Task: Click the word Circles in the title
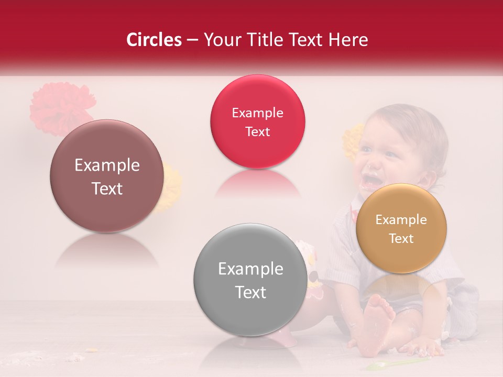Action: point(154,40)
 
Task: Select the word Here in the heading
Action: point(349,40)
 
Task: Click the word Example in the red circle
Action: point(257,113)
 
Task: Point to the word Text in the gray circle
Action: point(250,292)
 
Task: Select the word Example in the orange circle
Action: point(401,220)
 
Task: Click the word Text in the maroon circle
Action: point(107,188)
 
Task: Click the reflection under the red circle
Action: point(257,183)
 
